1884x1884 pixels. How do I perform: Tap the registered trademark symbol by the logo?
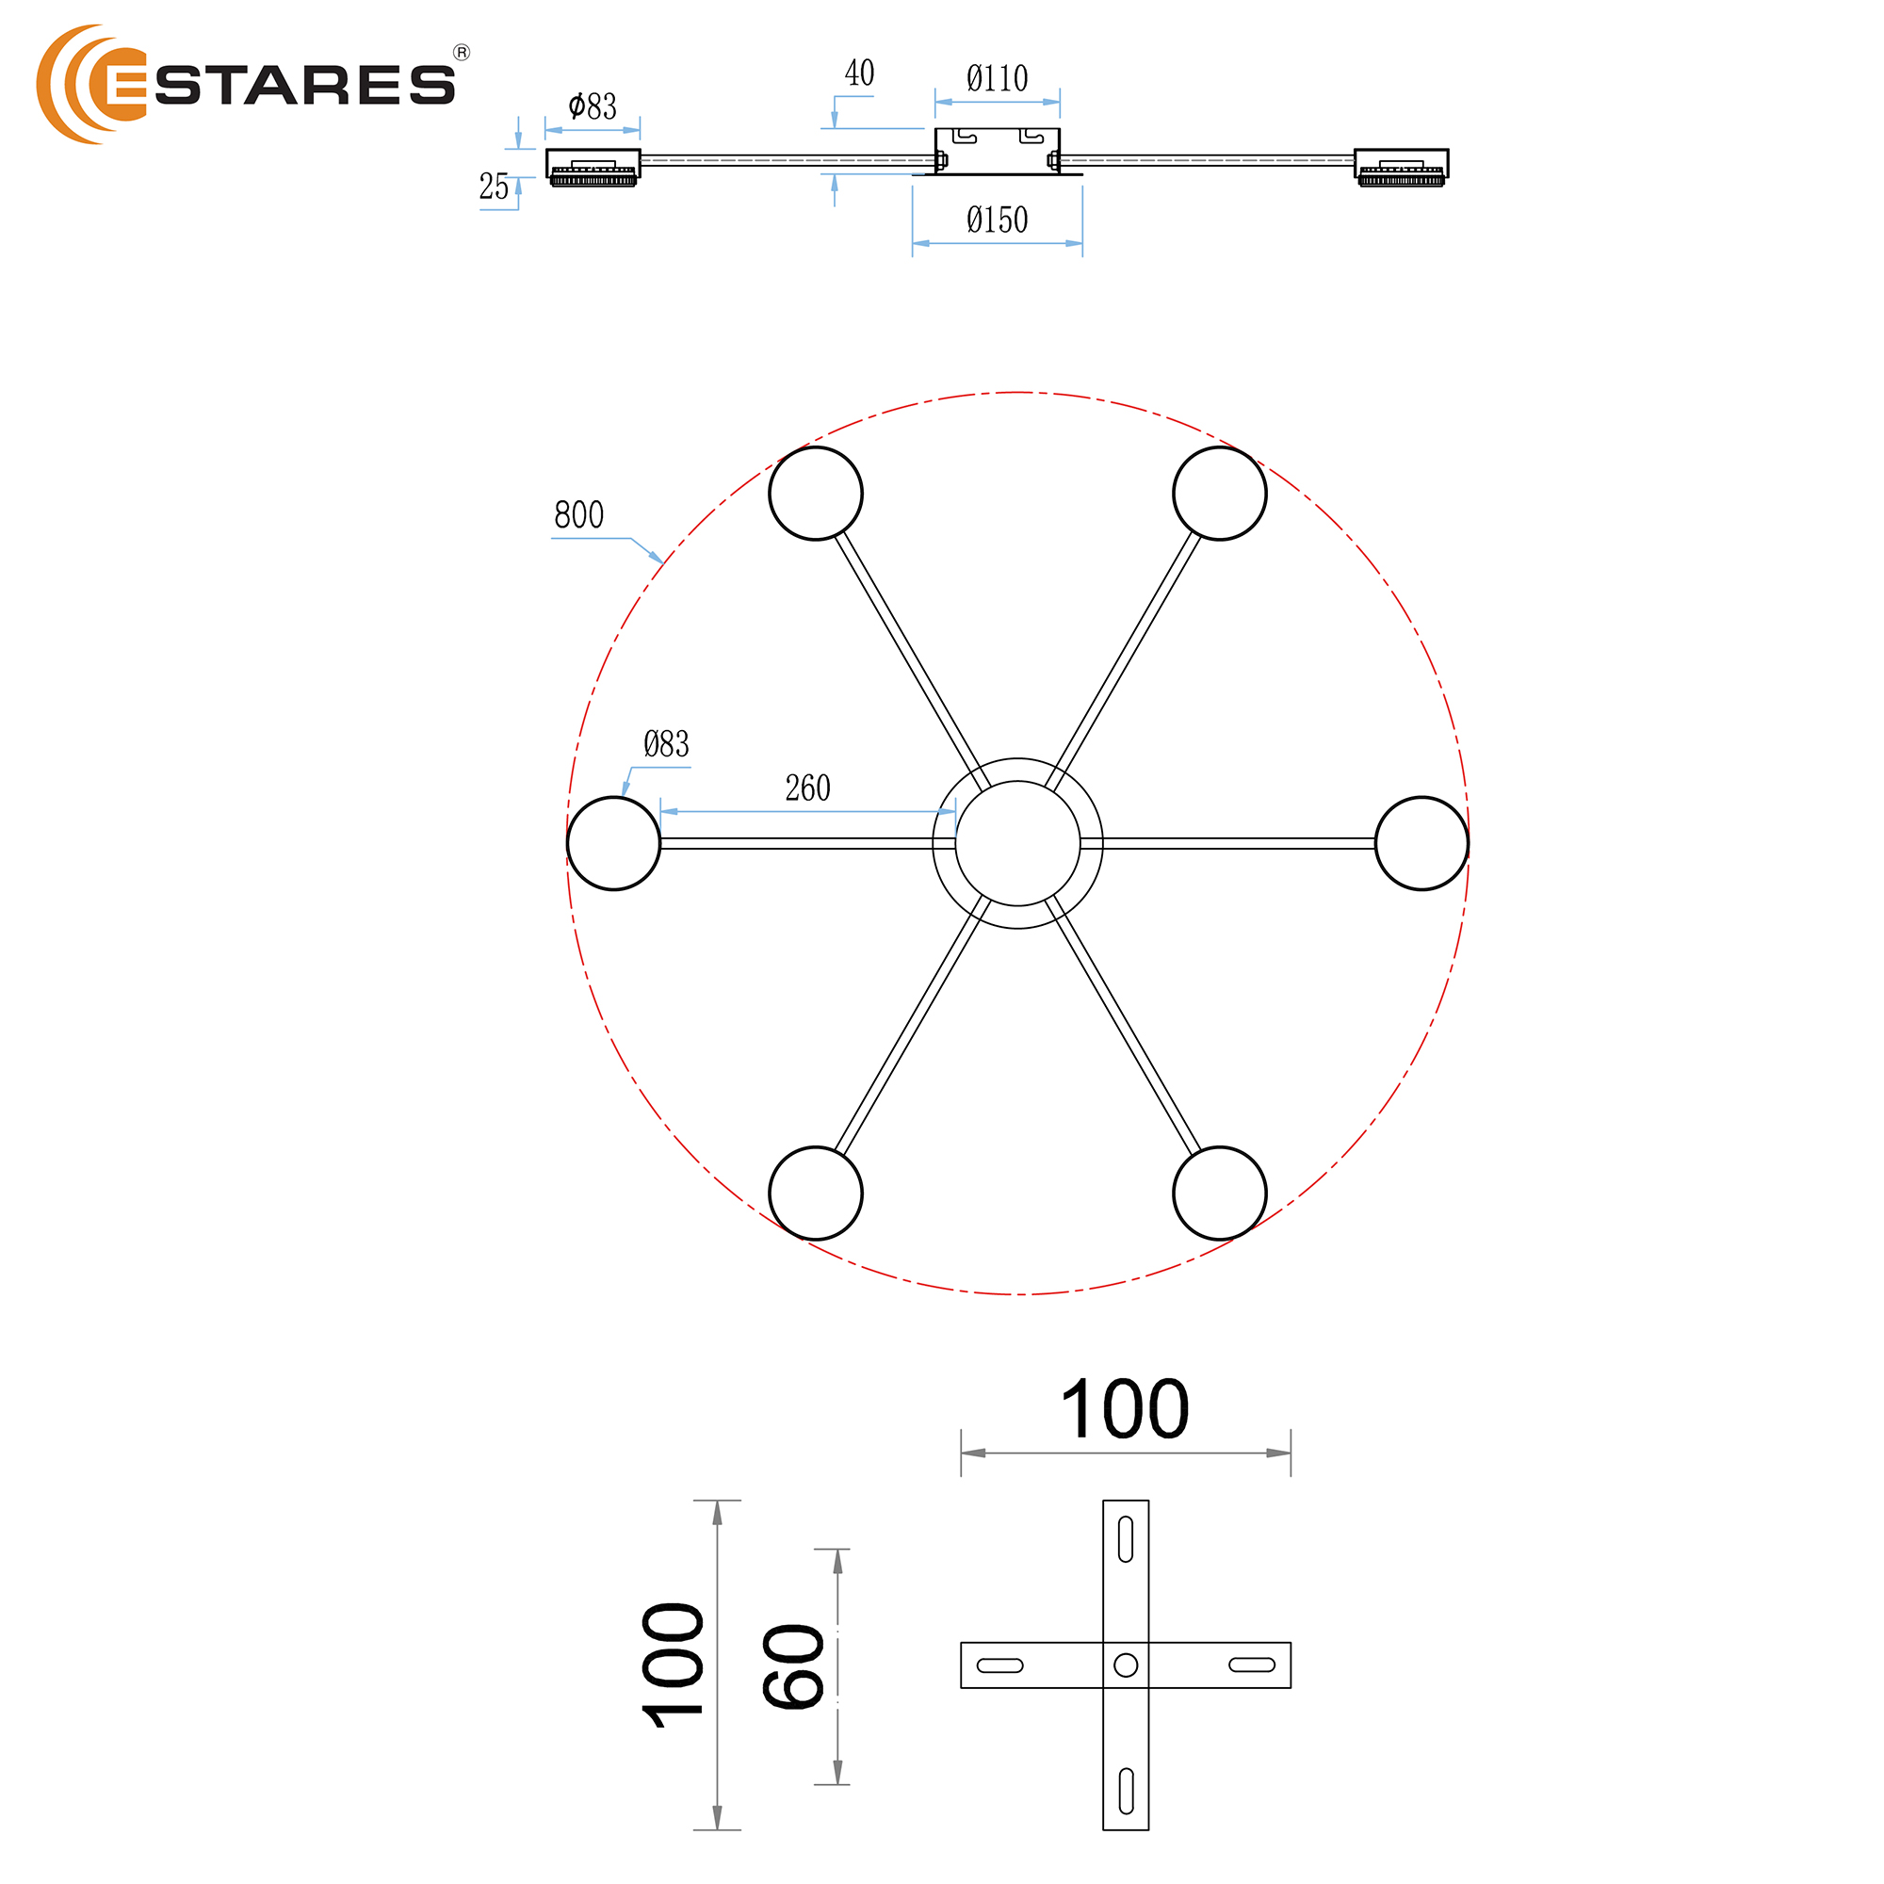[462, 53]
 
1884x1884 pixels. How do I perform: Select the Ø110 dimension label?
[997, 78]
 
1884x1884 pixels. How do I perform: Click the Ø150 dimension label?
[997, 219]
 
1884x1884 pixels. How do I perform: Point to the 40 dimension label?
[859, 73]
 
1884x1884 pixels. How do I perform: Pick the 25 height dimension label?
[494, 187]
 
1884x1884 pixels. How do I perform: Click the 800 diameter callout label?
[579, 515]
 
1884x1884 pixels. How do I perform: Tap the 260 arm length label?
[807, 788]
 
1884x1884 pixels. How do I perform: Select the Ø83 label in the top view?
[666, 744]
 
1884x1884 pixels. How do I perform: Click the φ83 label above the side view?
[592, 106]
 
